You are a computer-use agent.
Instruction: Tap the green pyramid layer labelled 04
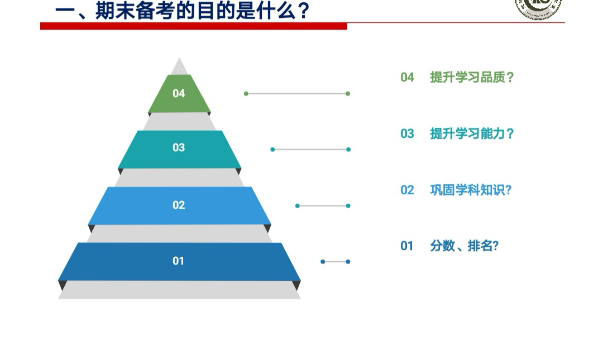pyautogui.click(x=179, y=93)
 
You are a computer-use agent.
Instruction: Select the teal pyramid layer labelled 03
pyautogui.click(x=179, y=149)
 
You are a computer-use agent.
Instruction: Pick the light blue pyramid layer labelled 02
pyautogui.click(x=179, y=205)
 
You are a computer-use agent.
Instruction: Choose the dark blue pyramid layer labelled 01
pyautogui.click(x=179, y=262)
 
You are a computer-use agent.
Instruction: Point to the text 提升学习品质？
pyautogui.click(x=472, y=78)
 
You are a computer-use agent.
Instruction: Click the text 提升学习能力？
pyautogui.click(x=472, y=133)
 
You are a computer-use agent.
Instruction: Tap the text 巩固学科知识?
pyautogui.click(x=471, y=190)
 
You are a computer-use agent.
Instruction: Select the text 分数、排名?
pyautogui.click(x=464, y=246)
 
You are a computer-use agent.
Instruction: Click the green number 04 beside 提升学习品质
pyautogui.click(x=407, y=78)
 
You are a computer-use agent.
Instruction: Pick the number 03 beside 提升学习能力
pyautogui.click(x=407, y=133)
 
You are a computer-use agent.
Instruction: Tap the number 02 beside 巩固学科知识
pyautogui.click(x=407, y=190)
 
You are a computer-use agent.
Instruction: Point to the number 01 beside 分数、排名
pyautogui.click(x=407, y=246)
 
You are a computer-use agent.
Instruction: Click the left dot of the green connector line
pyautogui.click(x=246, y=93)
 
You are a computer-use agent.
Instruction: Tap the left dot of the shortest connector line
pyautogui.click(x=323, y=262)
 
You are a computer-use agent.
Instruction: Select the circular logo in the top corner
pyautogui.click(x=538, y=8)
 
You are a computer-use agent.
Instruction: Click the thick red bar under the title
pyautogui.click(x=193, y=26)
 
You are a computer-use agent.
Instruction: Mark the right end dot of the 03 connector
pyautogui.click(x=348, y=149)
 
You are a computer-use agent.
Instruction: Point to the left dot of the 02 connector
pyautogui.click(x=297, y=206)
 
